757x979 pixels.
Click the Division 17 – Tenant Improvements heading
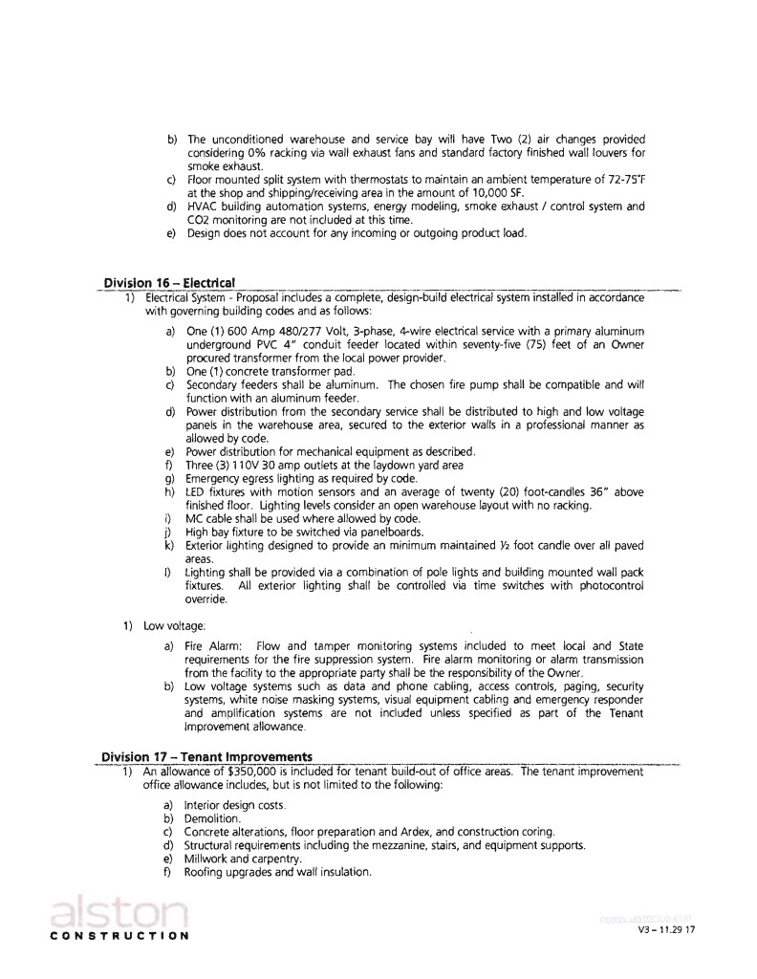206,759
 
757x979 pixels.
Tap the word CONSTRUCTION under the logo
119,935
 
